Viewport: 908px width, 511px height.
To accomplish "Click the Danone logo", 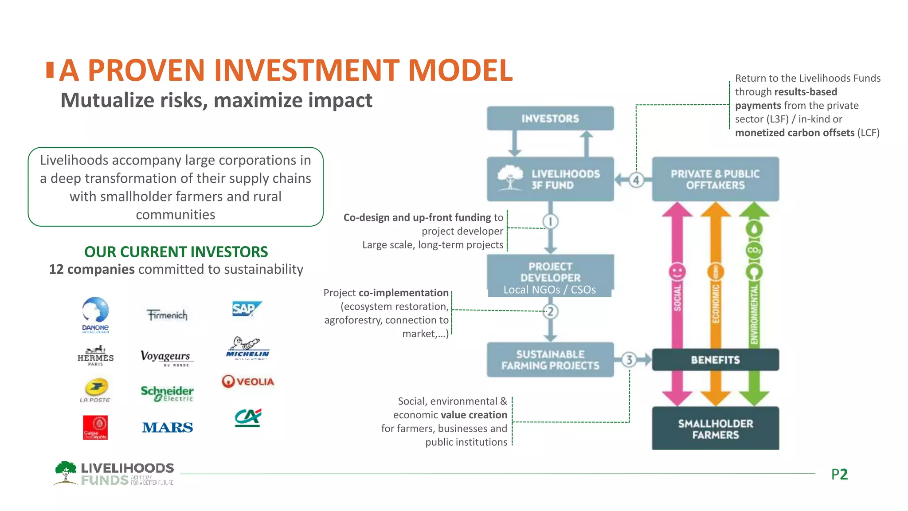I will (95, 314).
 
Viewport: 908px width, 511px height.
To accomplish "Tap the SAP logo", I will (247, 309).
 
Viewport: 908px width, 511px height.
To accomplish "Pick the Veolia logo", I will (248, 381).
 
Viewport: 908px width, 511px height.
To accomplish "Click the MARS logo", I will (167, 428).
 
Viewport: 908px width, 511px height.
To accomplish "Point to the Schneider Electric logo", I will (167, 393).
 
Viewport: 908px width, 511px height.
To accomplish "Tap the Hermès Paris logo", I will (95, 356).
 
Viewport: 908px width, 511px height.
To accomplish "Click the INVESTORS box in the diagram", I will (550, 118).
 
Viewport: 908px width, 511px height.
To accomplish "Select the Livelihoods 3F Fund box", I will (550, 179).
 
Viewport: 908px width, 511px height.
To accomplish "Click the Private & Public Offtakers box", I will (715, 179).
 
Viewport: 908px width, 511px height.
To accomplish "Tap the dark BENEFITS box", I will (715, 360).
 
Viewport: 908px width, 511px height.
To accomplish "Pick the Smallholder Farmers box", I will (715, 428).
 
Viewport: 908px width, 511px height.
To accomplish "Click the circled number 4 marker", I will (636, 180).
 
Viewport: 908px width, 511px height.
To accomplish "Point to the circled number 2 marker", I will (550, 312).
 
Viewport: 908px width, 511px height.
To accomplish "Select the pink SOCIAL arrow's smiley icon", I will (677, 271).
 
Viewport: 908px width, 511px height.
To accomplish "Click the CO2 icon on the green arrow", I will (754, 250).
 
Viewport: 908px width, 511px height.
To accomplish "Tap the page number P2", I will (839, 474).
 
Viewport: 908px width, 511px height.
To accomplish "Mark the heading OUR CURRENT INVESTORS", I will (176, 252).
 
